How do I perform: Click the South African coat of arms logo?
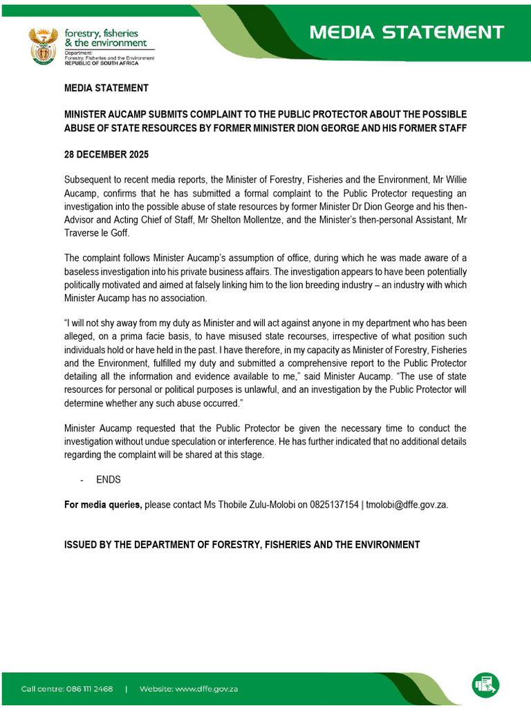pyautogui.click(x=43, y=46)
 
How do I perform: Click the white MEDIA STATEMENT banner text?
pyautogui.click(x=406, y=32)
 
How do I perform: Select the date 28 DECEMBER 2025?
pyautogui.click(x=106, y=154)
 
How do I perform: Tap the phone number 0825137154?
pyautogui.click(x=334, y=505)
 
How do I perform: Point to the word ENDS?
pyautogui.click(x=109, y=480)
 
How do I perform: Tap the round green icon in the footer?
pyautogui.click(x=485, y=684)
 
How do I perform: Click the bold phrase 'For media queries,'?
pyautogui.click(x=103, y=505)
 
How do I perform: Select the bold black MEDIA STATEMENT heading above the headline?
pyautogui.click(x=106, y=88)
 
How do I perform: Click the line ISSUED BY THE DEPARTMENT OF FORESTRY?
pyautogui.click(x=241, y=545)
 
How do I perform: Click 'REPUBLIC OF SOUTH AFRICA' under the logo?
pyautogui.click(x=101, y=64)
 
